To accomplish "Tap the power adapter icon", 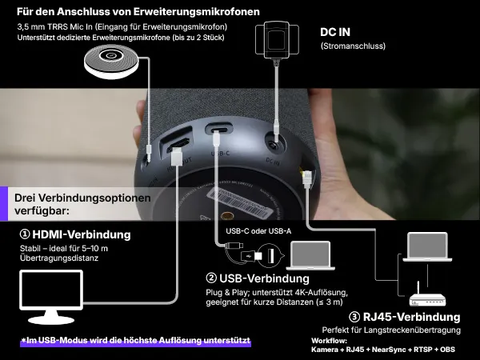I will coord(275,39).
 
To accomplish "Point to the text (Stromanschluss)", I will coord(353,46).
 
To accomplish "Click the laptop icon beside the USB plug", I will coord(313,255).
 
